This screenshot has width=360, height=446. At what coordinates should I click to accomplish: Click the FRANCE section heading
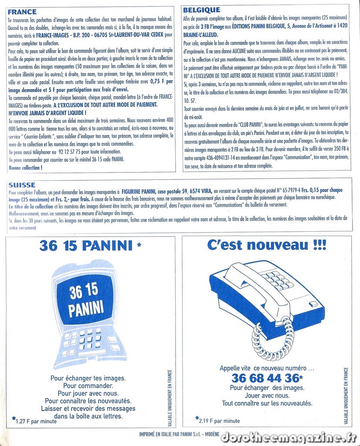(x=22, y=12)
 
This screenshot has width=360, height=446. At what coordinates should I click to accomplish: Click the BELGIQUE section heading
(x=201, y=10)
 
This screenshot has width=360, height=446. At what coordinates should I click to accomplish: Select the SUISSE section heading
(x=22, y=185)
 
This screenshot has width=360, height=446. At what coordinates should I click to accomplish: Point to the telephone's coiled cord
(x=273, y=338)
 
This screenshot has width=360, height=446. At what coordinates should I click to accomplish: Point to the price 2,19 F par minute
(x=219, y=421)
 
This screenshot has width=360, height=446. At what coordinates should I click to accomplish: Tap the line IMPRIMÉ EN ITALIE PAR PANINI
(x=179, y=435)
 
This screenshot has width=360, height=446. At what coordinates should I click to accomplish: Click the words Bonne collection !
(x=25, y=167)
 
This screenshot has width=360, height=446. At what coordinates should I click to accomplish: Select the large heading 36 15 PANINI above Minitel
(x=86, y=246)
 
